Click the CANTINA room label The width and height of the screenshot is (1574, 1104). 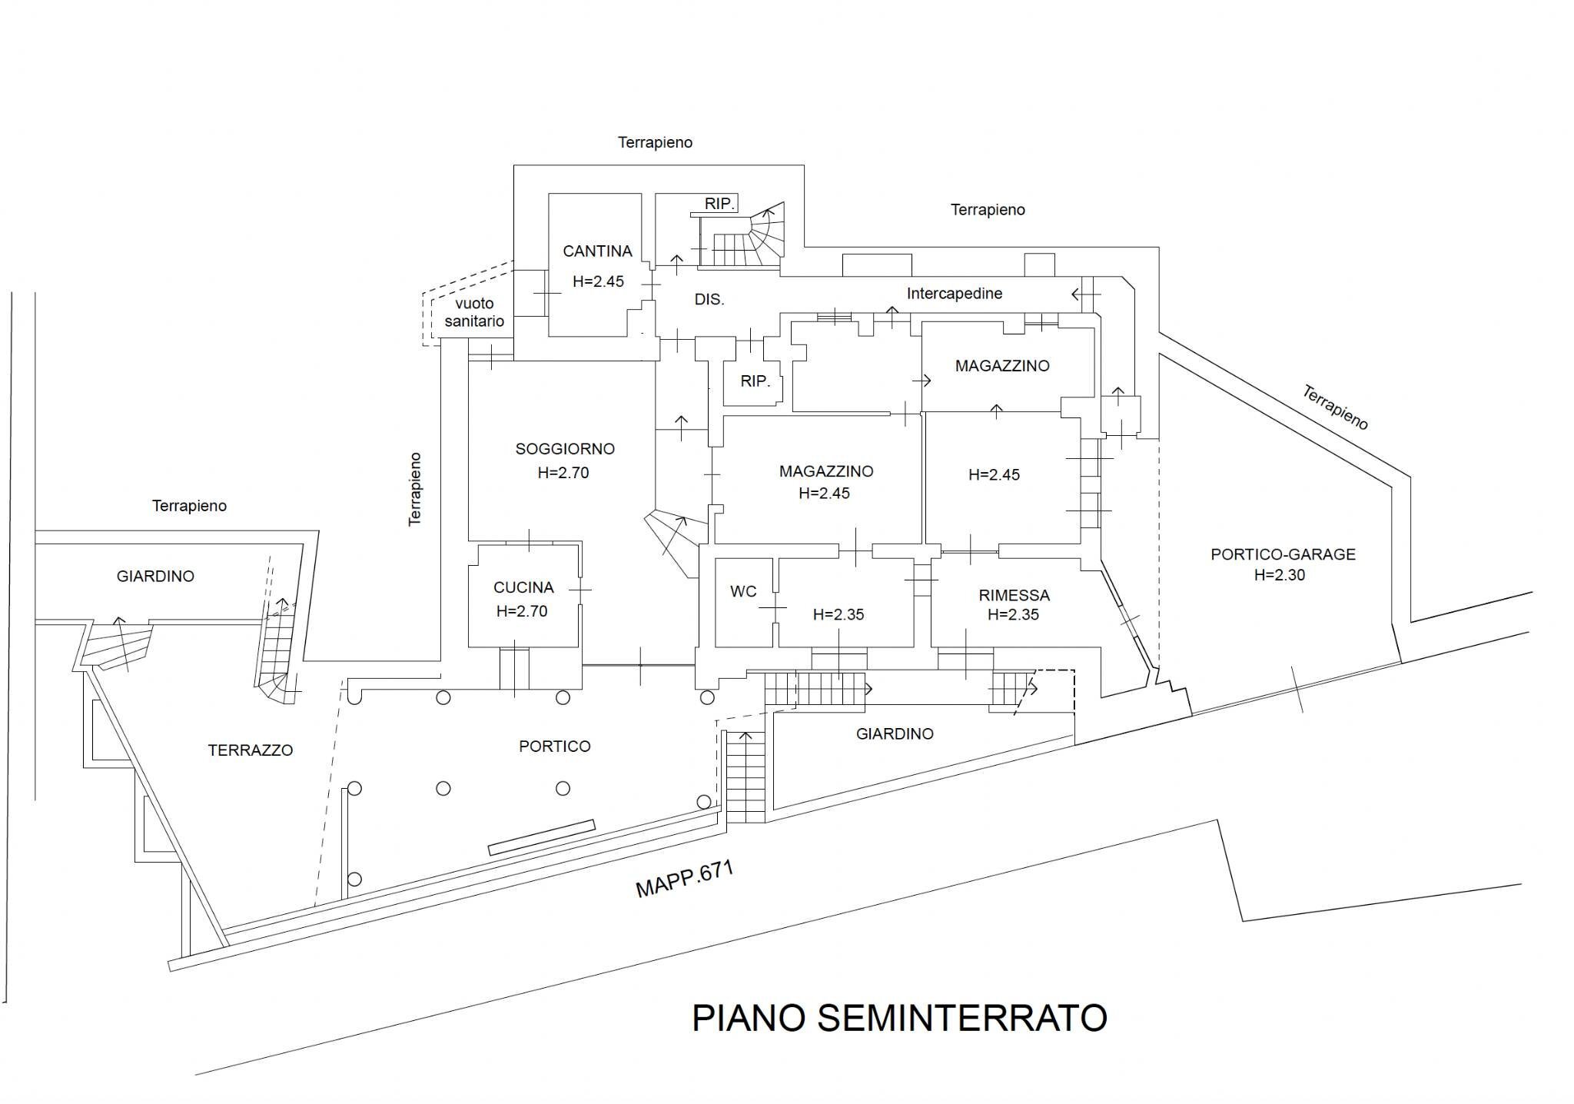pos(597,251)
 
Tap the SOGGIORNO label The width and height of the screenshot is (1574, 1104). pos(565,449)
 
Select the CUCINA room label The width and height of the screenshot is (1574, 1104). pos(523,587)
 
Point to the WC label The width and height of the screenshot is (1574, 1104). pos(743,591)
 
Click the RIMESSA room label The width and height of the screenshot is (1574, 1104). pos(1014,595)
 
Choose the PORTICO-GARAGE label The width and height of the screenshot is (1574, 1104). pos(1283,554)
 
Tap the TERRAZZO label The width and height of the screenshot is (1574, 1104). pos(251,750)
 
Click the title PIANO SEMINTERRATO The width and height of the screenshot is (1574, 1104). pos(899,1018)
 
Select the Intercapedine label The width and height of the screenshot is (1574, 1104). pos(954,294)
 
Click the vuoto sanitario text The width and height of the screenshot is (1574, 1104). pos(473,312)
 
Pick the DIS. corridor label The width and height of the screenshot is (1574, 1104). pos(709,300)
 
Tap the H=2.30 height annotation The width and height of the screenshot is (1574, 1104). pos(1280,575)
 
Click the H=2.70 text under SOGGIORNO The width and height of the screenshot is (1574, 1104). pos(563,473)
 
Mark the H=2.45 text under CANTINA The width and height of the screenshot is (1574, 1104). pos(598,281)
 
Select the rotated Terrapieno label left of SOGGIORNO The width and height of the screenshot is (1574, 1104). pos(415,488)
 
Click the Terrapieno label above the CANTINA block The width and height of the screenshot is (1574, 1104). pos(655,142)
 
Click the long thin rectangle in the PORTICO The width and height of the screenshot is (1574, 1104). pos(542,838)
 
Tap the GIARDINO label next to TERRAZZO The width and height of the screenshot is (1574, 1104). pos(155,576)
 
